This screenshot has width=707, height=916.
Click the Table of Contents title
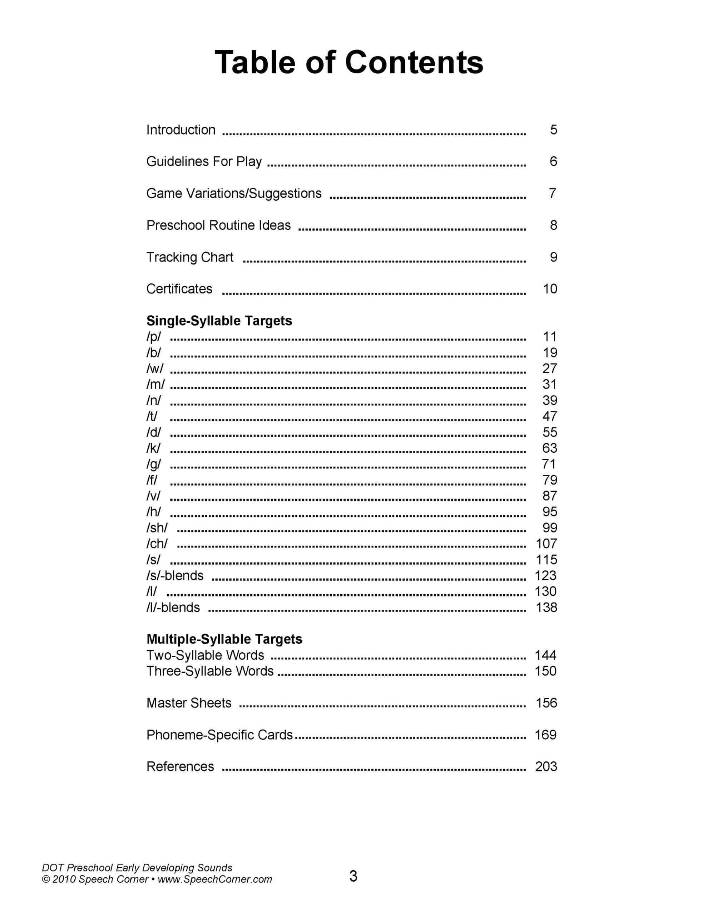pos(349,63)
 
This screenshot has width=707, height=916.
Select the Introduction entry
pos(181,130)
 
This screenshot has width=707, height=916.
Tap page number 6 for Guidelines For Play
pos(553,161)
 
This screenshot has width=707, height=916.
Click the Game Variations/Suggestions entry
pos(234,193)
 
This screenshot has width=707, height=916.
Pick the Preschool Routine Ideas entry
pos(218,225)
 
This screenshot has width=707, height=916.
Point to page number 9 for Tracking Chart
pos(553,257)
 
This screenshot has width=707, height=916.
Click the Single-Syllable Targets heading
pos(219,321)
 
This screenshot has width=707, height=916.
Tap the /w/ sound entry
pos(155,369)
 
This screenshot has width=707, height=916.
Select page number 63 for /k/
pos(549,448)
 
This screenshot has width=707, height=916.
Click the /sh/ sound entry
pos(157,528)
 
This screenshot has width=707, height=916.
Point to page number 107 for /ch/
pos(546,544)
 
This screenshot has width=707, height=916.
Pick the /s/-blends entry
pos(175,575)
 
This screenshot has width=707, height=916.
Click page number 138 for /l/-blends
pos(546,607)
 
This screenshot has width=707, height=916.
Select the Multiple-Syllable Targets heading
pos(224,639)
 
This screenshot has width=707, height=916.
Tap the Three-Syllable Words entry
pos(210,671)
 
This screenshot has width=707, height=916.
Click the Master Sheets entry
pos(189,703)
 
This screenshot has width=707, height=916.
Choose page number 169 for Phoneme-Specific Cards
pos(546,735)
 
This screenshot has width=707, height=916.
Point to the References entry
pos(180,767)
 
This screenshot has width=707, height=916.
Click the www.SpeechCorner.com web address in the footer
pos(214,880)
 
